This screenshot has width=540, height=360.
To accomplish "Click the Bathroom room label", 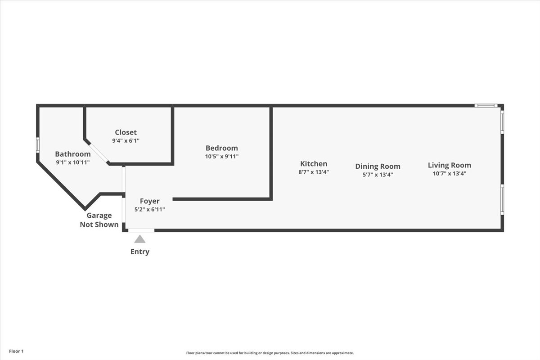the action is click(x=73, y=154).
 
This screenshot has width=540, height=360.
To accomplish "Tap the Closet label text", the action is click(x=126, y=132).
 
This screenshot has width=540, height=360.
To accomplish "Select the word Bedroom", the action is click(x=221, y=148).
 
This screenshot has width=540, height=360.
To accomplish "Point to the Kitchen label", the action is click(x=314, y=164).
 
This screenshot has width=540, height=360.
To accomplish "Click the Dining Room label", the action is click(x=378, y=166).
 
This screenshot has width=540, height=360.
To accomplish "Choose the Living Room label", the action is click(x=450, y=165).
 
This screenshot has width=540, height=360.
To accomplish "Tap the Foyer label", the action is click(x=150, y=201).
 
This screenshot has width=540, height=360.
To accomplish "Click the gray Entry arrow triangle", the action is click(x=140, y=239).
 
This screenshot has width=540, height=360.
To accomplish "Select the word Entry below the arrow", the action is click(x=140, y=252).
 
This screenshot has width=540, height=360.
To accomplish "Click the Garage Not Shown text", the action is click(x=99, y=220).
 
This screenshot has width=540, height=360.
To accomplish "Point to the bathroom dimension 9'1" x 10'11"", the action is click(x=73, y=162).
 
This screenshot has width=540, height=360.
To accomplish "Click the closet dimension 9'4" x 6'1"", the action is click(x=126, y=140).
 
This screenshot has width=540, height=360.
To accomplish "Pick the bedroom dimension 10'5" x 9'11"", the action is click(x=221, y=156).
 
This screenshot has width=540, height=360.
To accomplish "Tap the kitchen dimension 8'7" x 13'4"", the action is click(x=314, y=172).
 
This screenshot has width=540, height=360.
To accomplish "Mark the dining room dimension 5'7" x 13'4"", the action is click(x=378, y=175).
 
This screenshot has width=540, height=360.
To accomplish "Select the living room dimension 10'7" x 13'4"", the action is click(x=450, y=173).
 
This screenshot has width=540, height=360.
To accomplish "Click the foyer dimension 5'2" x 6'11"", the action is click(x=150, y=209).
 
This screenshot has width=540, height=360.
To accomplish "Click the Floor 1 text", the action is click(x=16, y=351).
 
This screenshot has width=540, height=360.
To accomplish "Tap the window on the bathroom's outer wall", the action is click(x=38, y=145).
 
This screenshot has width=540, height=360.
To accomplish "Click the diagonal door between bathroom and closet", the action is click(x=99, y=153).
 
